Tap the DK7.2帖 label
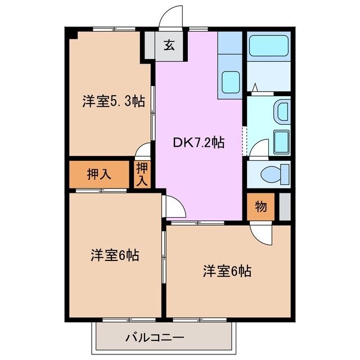pyautogui.click(x=199, y=142)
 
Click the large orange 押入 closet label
pyautogui.click(x=99, y=174)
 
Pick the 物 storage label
pyautogui.click(x=260, y=206)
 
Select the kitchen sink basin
pyautogui.click(x=229, y=83)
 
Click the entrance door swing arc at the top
pyautogui.click(x=171, y=17)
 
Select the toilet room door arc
pyautogui.click(x=259, y=150)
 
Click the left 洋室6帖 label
pyautogui.click(x=115, y=255)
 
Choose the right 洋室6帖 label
pyautogui.click(x=227, y=271)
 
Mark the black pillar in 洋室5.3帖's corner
pyautogui.click(x=73, y=35)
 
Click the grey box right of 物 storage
pyautogui.click(x=285, y=206)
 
